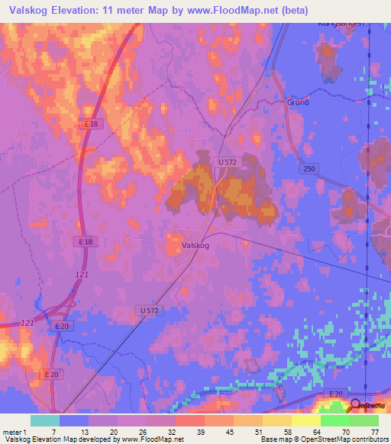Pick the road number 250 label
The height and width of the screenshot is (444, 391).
pyautogui.click(x=309, y=169)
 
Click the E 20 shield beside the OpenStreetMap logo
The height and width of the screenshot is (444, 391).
pyautogui.click(x=335, y=394)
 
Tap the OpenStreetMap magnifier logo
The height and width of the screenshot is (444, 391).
pyautogui.click(x=354, y=405)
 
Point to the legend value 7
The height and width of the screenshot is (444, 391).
pyautogui.click(x=53, y=431)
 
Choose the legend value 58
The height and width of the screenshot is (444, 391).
pyautogui.click(x=286, y=431)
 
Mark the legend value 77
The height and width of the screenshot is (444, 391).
pyautogui.click(x=374, y=431)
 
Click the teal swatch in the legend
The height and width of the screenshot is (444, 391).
pyautogui.click(x=45, y=420)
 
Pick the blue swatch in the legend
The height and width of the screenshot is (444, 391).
pyautogui.click(x=74, y=420)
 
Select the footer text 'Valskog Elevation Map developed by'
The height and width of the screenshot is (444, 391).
pyautogui.click(x=57, y=439)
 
